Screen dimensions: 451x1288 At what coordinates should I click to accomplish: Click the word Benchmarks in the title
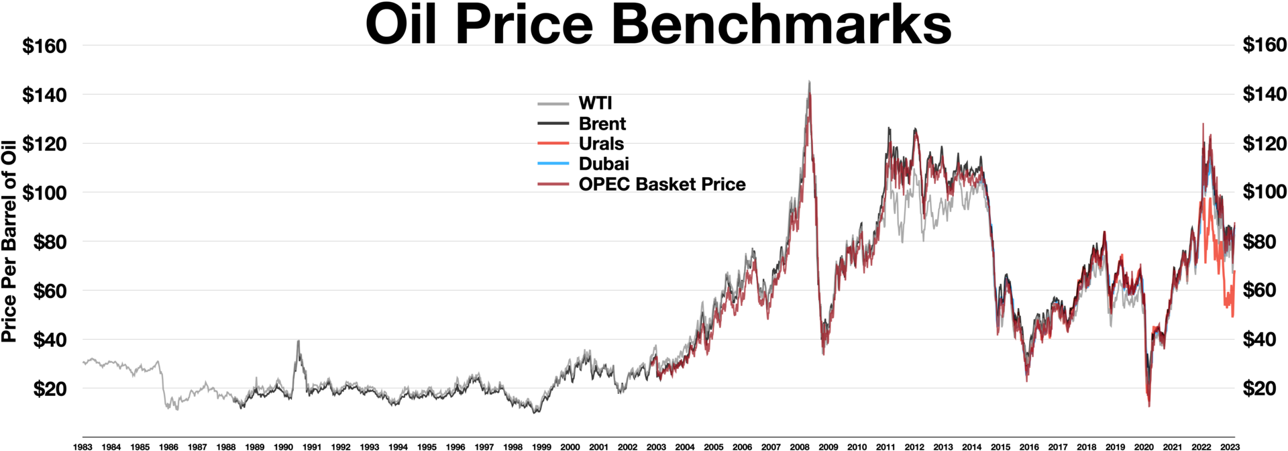click(781, 26)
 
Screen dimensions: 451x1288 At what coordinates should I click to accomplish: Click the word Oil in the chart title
click(400, 26)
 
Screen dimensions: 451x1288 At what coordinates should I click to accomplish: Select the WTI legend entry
click(595, 103)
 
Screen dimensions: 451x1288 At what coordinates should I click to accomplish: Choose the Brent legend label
click(602, 123)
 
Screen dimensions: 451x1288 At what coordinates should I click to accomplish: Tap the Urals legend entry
click(601, 144)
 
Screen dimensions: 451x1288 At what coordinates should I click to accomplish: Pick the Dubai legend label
click(604, 164)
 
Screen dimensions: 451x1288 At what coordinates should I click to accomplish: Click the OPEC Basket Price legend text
click(661, 184)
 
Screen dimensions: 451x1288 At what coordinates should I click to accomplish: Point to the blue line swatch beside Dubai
click(553, 164)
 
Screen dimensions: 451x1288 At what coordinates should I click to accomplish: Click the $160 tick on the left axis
click(44, 46)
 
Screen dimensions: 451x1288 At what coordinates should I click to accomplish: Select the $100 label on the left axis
click(44, 193)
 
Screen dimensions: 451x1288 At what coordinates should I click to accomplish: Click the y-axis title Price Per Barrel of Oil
click(9, 241)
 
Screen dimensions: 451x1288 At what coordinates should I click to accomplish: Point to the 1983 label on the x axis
click(83, 446)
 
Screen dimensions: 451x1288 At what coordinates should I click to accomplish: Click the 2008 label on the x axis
click(799, 446)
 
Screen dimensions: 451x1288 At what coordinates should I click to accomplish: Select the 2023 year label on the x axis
click(1229, 446)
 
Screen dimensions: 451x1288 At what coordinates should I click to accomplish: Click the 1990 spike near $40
click(299, 342)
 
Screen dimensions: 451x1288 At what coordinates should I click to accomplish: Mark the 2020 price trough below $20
click(1148, 405)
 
